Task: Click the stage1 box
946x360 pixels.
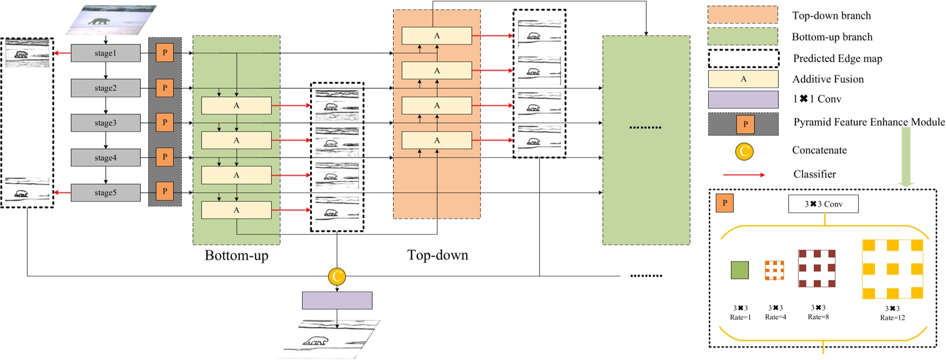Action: [x=106, y=53]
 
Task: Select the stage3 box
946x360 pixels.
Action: [x=106, y=123]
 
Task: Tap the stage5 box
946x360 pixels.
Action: [x=106, y=193]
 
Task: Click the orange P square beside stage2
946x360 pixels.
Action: [x=165, y=88]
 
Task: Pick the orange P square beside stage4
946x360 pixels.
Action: [x=165, y=157]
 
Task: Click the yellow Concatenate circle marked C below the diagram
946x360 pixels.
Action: [x=337, y=277]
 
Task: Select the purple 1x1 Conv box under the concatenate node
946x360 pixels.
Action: [x=337, y=300]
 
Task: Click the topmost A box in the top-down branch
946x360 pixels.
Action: [x=436, y=36]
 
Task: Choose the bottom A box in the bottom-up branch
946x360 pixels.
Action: [x=236, y=210]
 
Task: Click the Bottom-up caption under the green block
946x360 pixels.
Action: [x=237, y=256]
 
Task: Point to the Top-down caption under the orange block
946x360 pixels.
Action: [x=438, y=255]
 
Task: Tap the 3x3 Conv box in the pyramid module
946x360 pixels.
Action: [x=823, y=204]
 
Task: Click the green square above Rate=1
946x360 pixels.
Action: [x=740, y=270]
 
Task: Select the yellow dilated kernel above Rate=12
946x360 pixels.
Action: [x=892, y=269]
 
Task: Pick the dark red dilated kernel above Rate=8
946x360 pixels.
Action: [x=817, y=268]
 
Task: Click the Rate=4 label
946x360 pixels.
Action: [x=775, y=317]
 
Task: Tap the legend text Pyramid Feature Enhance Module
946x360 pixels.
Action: [x=869, y=122]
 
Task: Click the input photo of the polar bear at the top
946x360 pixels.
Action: [x=111, y=20]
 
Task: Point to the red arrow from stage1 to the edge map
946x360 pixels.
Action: [x=62, y=53]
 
